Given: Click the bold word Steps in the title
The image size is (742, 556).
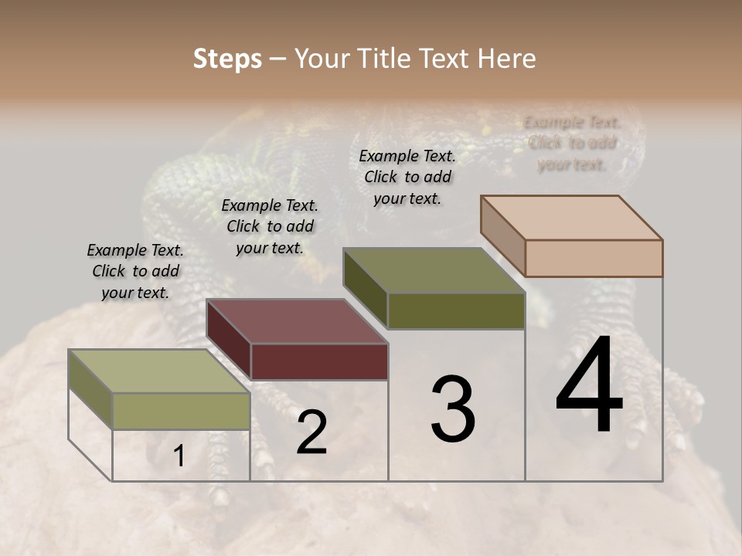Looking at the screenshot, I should (227, 59).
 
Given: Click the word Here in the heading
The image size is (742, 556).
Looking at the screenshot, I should (506, 59).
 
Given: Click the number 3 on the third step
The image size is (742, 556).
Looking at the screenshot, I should (453, 409).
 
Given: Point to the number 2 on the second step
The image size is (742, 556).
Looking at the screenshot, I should (311, 432).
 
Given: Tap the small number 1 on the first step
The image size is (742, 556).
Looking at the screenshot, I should (179, 456).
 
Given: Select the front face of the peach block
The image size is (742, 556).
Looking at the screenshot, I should (594, 258).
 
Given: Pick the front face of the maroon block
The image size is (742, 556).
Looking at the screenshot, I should (319, 361).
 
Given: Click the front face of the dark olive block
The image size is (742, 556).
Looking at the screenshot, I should (456, 310).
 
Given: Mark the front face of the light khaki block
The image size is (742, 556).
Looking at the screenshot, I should (181, 411).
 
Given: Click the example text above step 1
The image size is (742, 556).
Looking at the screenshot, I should (135, 271).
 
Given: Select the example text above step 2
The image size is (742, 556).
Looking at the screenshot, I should (270, 226).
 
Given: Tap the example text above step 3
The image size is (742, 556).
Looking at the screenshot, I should (407, 177).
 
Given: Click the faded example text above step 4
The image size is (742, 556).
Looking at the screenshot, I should (572, 143).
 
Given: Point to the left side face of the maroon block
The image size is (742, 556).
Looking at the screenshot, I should (229, 339).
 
